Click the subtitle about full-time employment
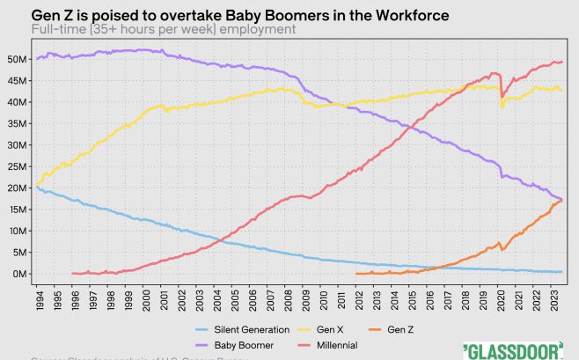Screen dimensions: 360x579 [x=163, y=29]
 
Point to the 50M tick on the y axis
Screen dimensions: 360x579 [x=16, y=59]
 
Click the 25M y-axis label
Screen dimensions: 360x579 [x=16, y=166]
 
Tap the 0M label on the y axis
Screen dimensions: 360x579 [x=18, y=274]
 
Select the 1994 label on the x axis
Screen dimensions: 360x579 [x=40, y=299]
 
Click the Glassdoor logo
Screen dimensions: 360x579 [x=512, y=349]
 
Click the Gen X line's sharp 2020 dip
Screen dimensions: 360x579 [x=502, y=107]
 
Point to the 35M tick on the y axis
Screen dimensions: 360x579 [x=16, y=123]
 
